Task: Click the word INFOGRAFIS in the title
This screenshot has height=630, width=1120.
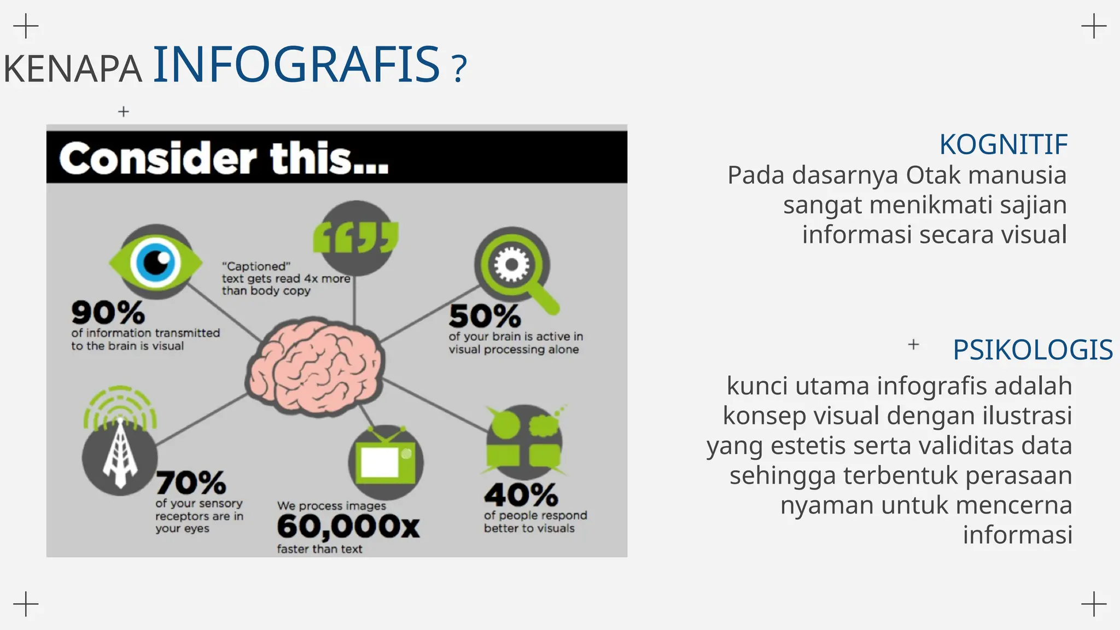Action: (x=296, y=65)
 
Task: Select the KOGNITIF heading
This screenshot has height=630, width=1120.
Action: (x=1003, y=144)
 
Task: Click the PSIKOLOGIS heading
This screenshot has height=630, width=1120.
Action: (x=1032, y=349)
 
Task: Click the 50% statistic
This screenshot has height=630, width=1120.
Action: (x=485, y=316)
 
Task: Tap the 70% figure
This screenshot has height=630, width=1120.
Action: (x=191, y=482)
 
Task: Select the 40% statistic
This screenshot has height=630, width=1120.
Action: (x=521, y=495)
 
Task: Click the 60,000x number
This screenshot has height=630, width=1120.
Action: (x=348, y=527)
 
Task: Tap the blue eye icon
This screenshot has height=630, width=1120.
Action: (x=156, y=262)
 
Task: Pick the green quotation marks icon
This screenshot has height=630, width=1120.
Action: (x=356, y=237)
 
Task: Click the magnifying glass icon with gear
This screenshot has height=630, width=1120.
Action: (x=516, y=270)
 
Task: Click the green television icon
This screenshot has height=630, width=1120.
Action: (x=386, y=460)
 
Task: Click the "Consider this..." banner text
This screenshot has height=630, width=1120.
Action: (x=224, y=158)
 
